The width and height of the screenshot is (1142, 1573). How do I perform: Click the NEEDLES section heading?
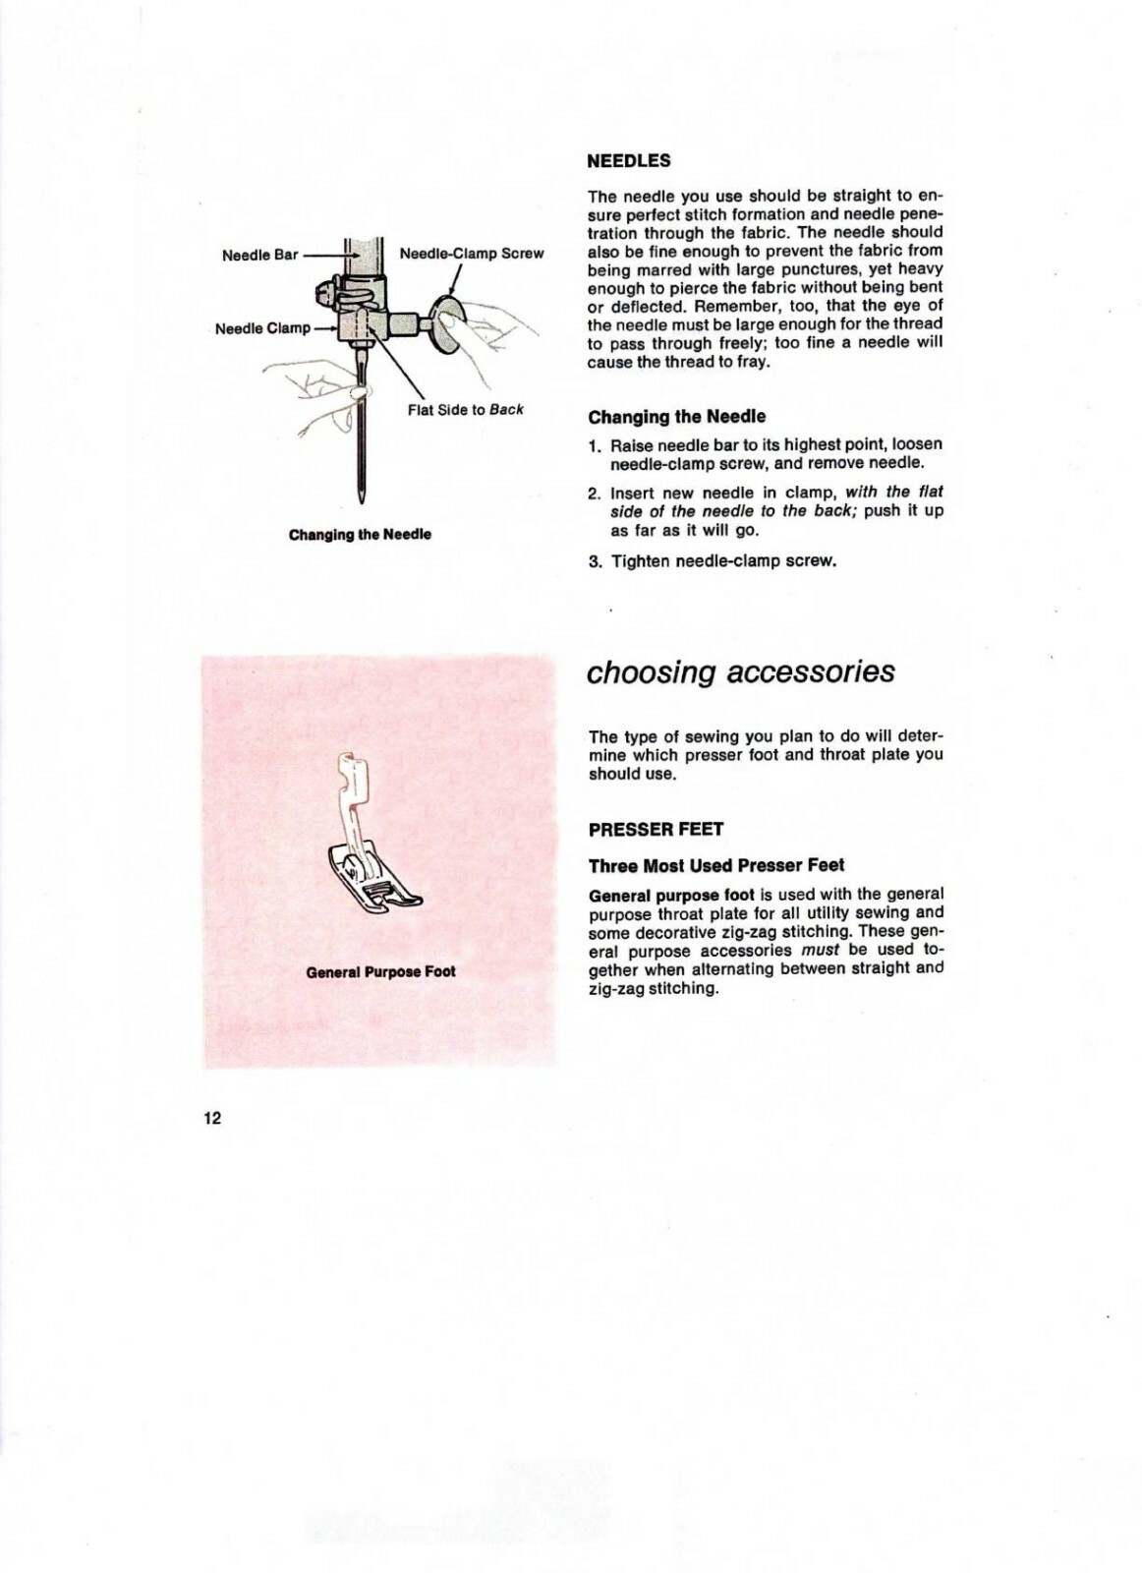point(629,160)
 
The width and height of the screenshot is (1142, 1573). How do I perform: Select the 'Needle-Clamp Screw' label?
point(472,254)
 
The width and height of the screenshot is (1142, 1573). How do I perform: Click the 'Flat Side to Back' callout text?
point(466,409)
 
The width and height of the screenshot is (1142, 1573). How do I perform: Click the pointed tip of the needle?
point(363,499)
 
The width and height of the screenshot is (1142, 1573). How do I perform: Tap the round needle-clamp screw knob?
point(447,320)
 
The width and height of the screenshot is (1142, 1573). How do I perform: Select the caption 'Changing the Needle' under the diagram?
point(360,535)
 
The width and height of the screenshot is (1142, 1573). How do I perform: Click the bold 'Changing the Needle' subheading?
point(676,417)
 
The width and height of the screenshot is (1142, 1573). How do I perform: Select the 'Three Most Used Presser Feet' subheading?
point(715,866)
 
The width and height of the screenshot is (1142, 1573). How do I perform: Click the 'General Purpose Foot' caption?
point(380,971)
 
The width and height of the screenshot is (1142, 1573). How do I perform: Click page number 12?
point(213,1118)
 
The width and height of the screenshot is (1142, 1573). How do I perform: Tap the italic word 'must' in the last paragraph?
point(820,951)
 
